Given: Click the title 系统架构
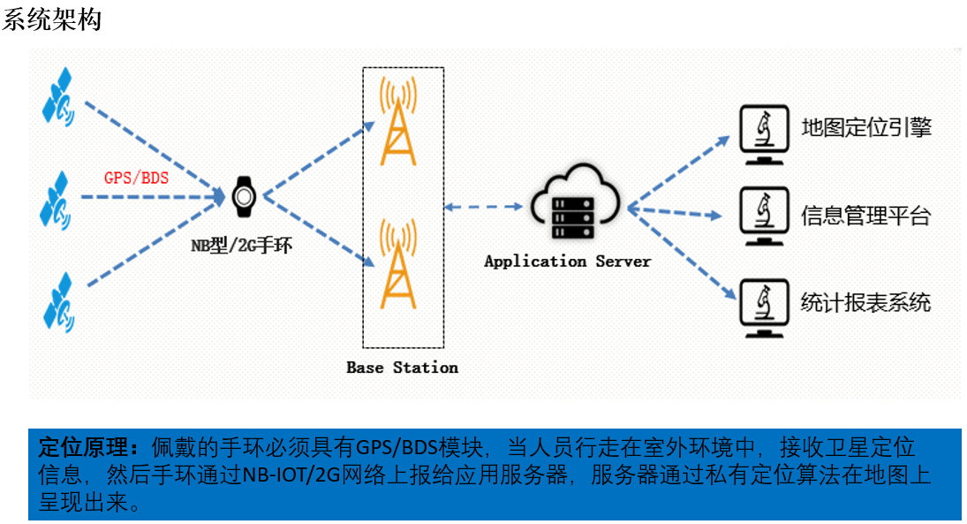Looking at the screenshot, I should point(52,19).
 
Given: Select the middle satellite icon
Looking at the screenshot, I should point(58,200).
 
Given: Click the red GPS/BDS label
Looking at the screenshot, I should point(136,177).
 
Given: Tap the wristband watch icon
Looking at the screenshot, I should point(242,196).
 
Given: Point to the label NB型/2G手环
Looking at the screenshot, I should point(241,246).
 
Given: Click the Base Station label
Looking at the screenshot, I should point(402,367).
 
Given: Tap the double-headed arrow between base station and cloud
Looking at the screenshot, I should point(485,207).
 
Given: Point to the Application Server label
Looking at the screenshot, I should point(567,262).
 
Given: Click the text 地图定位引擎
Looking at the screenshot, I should point(865,128).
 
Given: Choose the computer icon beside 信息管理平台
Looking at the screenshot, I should point(762,217).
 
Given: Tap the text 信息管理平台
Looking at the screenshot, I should point(865,216).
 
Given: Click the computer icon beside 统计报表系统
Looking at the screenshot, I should point(762,308).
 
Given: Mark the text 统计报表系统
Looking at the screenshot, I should point(865,303).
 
